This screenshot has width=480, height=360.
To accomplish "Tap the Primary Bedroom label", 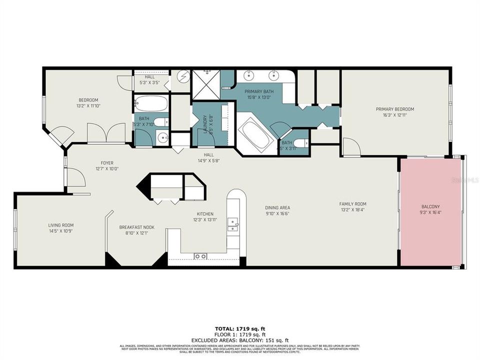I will [x=395, y=109].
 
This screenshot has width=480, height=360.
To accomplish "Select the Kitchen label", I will [x=205, y=213].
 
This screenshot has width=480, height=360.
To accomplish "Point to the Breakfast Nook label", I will [x=136, y=227].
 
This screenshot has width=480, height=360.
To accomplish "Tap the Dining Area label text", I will [x=277, y=207].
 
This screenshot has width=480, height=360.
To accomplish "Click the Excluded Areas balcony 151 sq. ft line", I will [x=240, y=339].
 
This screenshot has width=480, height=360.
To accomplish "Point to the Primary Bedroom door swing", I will [x=351, y=146].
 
